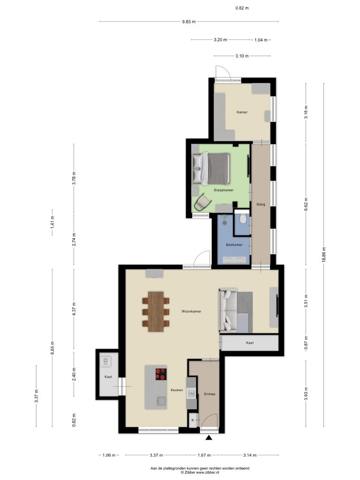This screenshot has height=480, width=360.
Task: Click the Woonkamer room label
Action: click(x=191, y=311)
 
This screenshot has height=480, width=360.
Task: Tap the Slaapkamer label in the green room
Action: click(x=224, y=190)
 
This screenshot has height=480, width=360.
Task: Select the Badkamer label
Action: click(x=234, y=245)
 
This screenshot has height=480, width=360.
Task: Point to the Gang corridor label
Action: click(x=261, y=204)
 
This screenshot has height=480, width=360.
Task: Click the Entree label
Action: click(x=210, y=394)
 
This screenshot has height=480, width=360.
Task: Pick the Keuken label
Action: click(x=177, y=390)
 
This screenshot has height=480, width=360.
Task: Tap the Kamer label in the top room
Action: click(x=242, y=112)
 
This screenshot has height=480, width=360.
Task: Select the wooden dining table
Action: click(x=156, y=312)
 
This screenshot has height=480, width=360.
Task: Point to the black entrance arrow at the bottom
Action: click(x=209, y=438)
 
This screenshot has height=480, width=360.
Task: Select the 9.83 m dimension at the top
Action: click(x=188, y=22)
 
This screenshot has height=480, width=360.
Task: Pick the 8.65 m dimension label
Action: click(x=52, y=348)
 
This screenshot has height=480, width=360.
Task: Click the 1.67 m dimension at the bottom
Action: click(x=204, y=455)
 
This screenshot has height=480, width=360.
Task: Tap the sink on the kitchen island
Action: click(x=161, y=401)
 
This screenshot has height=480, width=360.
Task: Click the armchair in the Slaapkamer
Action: click(x=202, y=202)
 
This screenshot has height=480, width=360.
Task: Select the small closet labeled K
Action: click(x=193, y=420)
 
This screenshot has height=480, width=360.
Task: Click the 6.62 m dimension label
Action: click(x=306, y=204)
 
